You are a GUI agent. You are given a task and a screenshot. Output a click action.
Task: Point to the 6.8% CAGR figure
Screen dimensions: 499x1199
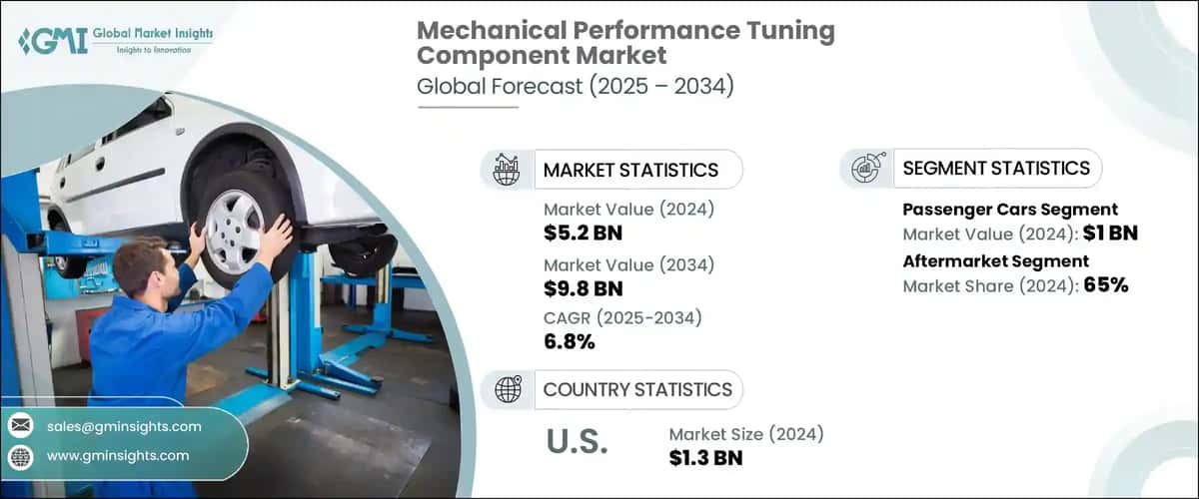tap(570, 342)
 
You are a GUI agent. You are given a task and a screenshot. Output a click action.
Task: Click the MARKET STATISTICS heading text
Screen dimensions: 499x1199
tap(630, 170)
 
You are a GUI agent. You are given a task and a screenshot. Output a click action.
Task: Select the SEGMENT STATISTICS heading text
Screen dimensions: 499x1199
tap(996, 169)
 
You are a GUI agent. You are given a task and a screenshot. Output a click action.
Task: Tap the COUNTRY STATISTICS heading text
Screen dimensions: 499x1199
tap(637, 389)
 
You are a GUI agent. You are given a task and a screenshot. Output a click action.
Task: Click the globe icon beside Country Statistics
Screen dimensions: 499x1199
tap(509, 389)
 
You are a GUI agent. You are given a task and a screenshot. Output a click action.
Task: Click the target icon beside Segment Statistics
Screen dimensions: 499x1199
tap(866, 169)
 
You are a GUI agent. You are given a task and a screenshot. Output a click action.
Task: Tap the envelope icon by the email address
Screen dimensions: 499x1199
tap(20, 426)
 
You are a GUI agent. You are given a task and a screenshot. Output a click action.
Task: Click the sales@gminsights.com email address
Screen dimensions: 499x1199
tap(124, 426)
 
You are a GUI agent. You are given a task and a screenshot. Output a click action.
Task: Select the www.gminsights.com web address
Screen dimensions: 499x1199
tap(118, 456)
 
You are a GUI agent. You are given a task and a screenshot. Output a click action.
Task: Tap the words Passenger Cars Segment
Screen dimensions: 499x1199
tap(1010, 210)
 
